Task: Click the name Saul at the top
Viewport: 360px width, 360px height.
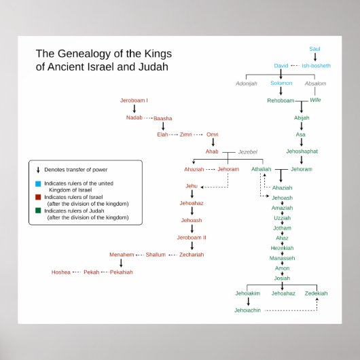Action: point(314,49)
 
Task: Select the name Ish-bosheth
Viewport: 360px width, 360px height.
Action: point(316,66)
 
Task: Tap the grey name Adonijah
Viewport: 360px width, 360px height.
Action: point(247,84)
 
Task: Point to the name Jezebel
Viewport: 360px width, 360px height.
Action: point(248,152)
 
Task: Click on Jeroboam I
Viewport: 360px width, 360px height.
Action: point(134,101)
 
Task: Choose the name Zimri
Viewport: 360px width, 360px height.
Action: point(186,135)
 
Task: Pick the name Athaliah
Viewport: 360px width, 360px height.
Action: point(261,168)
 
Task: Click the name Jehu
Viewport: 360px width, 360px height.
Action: point(192,185)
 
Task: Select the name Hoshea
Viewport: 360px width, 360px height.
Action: point(60,272)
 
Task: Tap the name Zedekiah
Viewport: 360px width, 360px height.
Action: point(316,293)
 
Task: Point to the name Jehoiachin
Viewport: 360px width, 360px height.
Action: point(248,310)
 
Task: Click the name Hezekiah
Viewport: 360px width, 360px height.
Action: point(282,249)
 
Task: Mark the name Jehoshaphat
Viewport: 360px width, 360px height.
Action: point(302,151)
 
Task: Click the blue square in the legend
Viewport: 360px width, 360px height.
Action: point(38,183)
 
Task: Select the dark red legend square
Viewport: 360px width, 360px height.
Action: point(38,198)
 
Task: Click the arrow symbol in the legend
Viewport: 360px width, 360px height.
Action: point(38,170)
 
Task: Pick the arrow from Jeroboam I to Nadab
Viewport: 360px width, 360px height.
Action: point(134,109)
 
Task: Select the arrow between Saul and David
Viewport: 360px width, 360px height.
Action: point(314,57)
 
